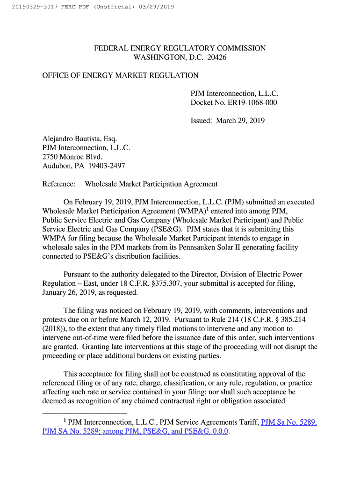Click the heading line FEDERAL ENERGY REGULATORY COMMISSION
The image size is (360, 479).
click(x=180, y=48)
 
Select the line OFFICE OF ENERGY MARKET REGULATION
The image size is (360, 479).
click(x=120, y=75)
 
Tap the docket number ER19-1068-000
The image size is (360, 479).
click(x=252, y=102)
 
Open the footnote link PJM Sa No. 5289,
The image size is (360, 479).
click(x=289, y=422)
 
